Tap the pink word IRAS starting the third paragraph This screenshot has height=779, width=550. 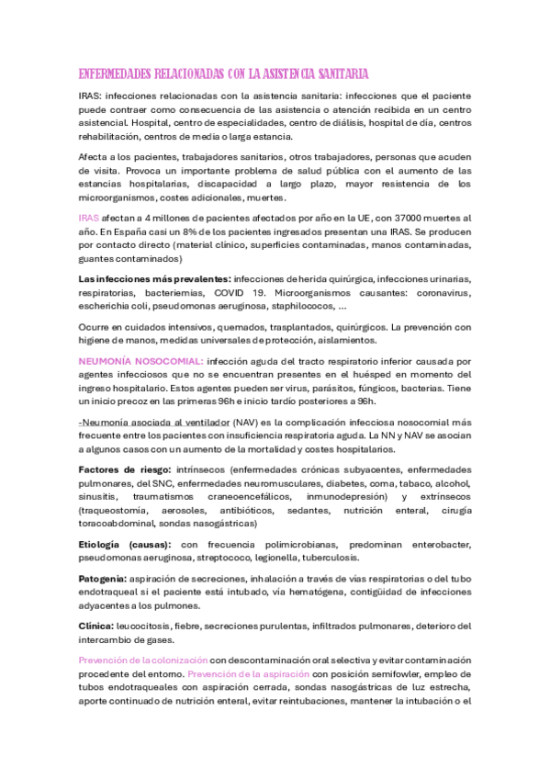pos(89,218)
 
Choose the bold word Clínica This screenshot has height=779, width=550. pos(96,626)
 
